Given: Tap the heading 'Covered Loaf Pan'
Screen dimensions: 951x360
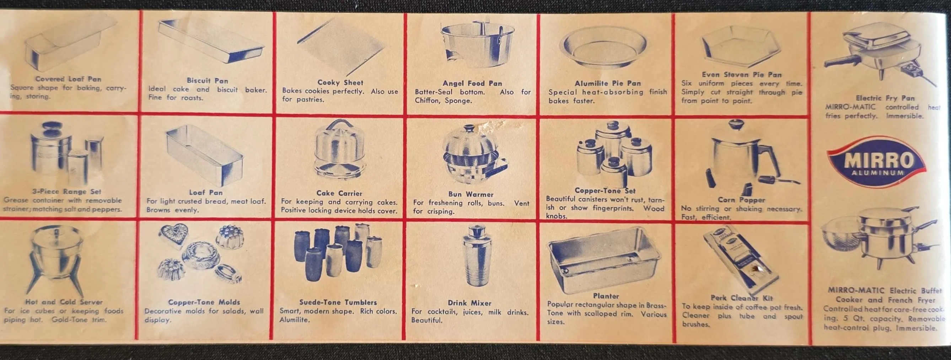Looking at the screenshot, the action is tap(68, 79).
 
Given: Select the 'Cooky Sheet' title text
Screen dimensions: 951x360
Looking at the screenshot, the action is tap(340, 82).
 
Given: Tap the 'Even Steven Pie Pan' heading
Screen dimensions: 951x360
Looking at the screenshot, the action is tap(742, 74).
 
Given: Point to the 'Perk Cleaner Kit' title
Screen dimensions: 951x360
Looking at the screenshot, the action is tap(741, 297).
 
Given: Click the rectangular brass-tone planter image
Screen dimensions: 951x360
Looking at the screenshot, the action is tap(604, 259).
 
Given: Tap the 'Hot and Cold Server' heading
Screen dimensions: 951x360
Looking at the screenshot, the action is tap(64, 302).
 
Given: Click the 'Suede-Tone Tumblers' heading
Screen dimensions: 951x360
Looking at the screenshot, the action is tap(338, 302).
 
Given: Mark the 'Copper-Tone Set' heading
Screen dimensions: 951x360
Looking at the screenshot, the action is tap(605, 190).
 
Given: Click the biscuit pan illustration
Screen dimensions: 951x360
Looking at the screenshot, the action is tap(211, 40).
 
